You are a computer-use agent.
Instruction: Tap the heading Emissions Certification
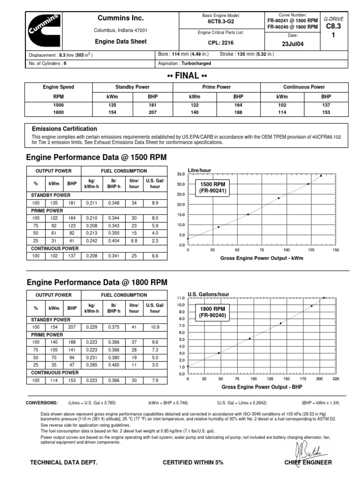click(x=64, y=129)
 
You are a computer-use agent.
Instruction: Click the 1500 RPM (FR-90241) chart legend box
click(x=213, y=187)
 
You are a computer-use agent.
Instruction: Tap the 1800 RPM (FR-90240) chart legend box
click(x=213, y=313)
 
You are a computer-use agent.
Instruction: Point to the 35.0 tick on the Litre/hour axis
click(x=181, y=174)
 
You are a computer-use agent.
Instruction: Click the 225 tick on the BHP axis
click(x=336, y=378)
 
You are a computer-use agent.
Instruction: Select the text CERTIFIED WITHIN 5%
click(x=193, y=463)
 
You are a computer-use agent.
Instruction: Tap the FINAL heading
click(x=187, y=76)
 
